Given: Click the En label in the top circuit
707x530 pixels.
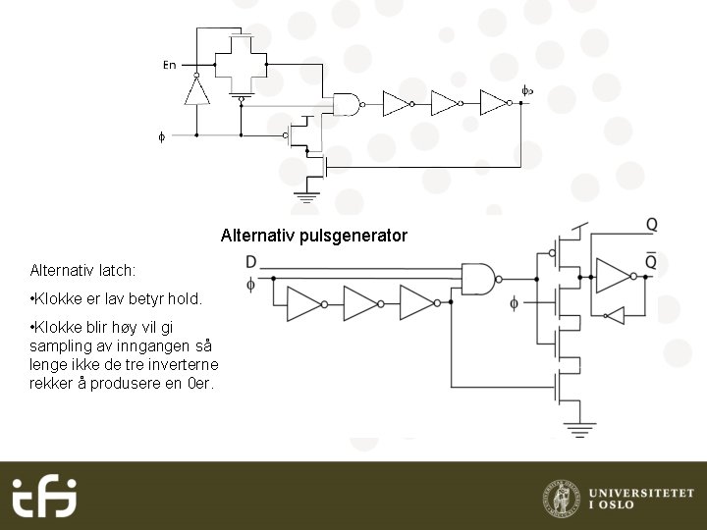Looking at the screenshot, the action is coord(169,65).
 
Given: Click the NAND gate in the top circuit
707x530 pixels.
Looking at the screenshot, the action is coord(347,103).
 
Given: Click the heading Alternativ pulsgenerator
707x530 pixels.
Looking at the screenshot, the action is coord(313,236).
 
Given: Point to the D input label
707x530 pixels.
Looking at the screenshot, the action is coord(251,262).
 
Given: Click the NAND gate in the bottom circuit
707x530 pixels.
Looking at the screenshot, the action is coord(478,278).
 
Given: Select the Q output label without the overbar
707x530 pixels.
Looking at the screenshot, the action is coord(651,225).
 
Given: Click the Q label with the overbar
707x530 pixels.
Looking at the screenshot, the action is coord(651,261).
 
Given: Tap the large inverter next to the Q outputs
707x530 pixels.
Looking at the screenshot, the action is coord(615,277).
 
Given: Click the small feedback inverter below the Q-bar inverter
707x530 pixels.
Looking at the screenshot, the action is coord(614,314).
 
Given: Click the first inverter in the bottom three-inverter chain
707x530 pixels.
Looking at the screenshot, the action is coord(303,303).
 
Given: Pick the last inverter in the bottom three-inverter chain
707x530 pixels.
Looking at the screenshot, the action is coord(417,303).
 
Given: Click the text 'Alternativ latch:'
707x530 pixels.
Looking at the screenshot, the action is coord(82,269).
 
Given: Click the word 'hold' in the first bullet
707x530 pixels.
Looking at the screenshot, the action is coord(182,298).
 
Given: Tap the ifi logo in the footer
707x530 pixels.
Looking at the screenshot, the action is coord(44,497).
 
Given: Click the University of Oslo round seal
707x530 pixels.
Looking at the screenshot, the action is coord(561,498).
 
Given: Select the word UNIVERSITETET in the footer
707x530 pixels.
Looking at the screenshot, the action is coord(640,491).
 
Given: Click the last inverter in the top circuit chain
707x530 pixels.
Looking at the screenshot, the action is coord(493,103).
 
